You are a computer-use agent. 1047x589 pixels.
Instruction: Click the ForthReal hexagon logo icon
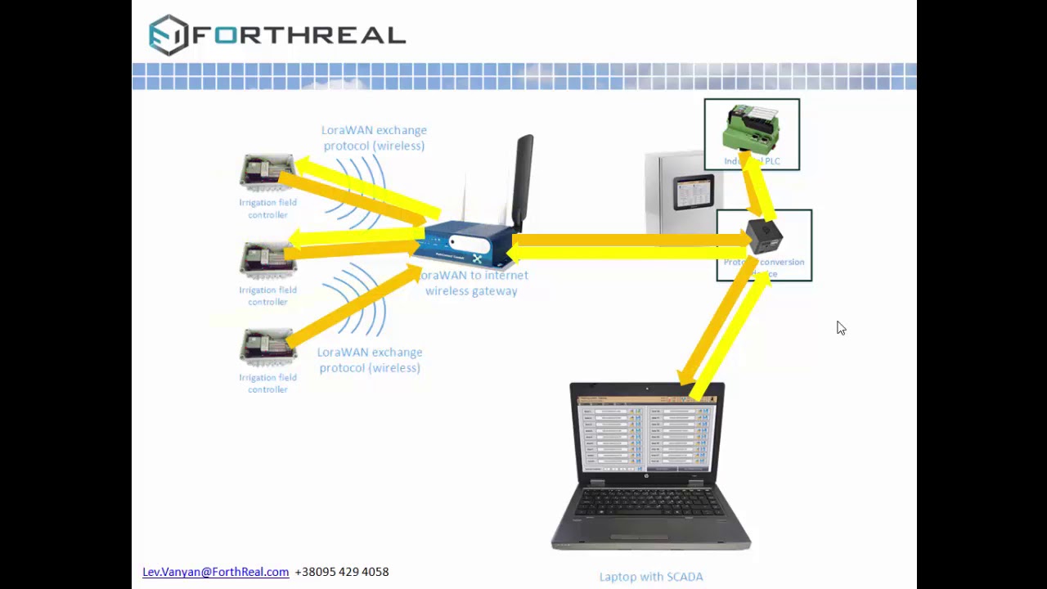click(169, 35)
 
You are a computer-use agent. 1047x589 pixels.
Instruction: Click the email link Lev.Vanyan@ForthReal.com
click(215, 572)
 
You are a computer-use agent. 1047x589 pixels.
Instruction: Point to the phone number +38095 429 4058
click(342, 572)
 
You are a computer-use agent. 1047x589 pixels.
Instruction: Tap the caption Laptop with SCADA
click(651, 577)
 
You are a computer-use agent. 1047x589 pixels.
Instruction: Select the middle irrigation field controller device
click(267, 260)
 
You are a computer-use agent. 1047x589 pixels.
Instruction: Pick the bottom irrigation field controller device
click(267, 348)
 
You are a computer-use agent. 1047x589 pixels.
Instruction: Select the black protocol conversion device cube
click(765, 236)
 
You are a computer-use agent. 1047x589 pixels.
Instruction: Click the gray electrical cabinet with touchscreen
click(679, 192)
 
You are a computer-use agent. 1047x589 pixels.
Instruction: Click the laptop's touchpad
click(651, 536)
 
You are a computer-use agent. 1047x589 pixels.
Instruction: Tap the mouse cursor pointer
click(840, 327)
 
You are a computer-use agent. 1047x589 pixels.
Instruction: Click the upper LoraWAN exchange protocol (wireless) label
click(374, 137)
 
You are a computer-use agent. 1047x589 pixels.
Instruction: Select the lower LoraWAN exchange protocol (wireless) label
click(370, 360)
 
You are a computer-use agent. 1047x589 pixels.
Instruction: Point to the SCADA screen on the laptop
click(646, 433)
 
